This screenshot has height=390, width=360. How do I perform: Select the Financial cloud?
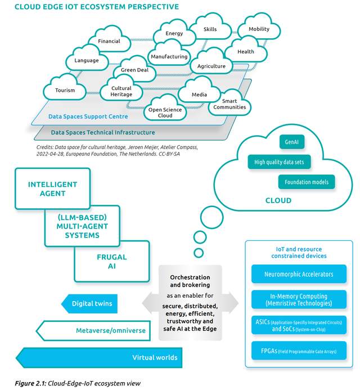[x=109, y=42]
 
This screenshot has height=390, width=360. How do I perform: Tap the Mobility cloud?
[x=259, y=29]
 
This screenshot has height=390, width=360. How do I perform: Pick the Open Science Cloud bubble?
[x=165, y=111]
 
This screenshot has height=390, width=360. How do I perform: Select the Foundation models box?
[x=307, y=182]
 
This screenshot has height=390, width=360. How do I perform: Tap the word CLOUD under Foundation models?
[x=278, y=200]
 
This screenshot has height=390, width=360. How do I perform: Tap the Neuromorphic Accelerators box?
[x=299, y=275]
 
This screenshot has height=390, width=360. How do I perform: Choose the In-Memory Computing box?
[x=299, y=299]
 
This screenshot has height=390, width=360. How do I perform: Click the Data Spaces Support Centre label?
[x=87, y=116]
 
